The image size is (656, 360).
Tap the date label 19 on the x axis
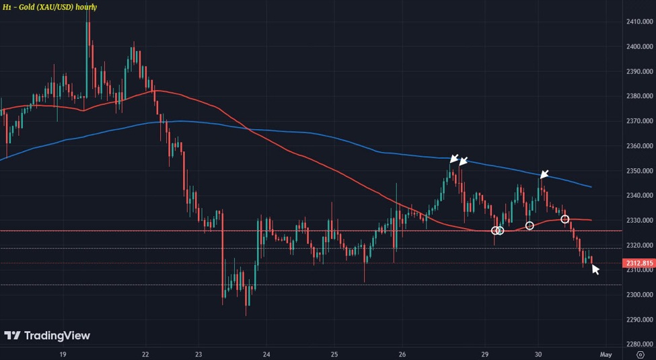(62, 354)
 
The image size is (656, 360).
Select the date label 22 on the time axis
(146, 354)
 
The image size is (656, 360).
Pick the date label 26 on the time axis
(402, 354)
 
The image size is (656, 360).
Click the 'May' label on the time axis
(606, 354)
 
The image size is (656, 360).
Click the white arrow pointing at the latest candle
(595, 269)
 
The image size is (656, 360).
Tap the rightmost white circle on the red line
(565, 219)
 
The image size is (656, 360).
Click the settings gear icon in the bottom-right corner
(640, 354)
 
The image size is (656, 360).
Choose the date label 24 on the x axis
(267, 354)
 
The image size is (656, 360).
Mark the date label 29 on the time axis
(484, 354)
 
